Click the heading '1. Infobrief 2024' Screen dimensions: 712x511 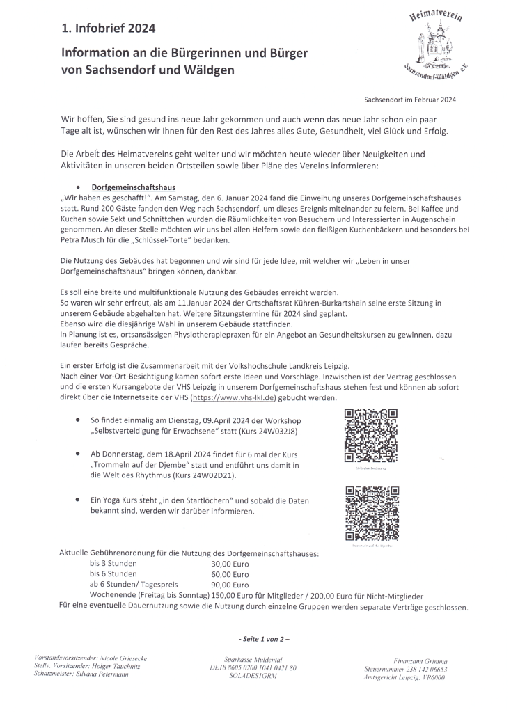pos(108,29)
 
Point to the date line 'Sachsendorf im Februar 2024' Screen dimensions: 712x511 pos(409,100)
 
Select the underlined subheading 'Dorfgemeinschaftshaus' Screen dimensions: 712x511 pos(134,188)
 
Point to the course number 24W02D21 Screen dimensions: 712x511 pos(210,475)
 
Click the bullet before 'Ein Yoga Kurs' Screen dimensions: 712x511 pos(76,500)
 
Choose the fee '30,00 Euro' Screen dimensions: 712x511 pos(230,563)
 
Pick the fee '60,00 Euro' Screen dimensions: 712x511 pos(230,574)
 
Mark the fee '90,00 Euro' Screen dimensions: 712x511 pos(230,585)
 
